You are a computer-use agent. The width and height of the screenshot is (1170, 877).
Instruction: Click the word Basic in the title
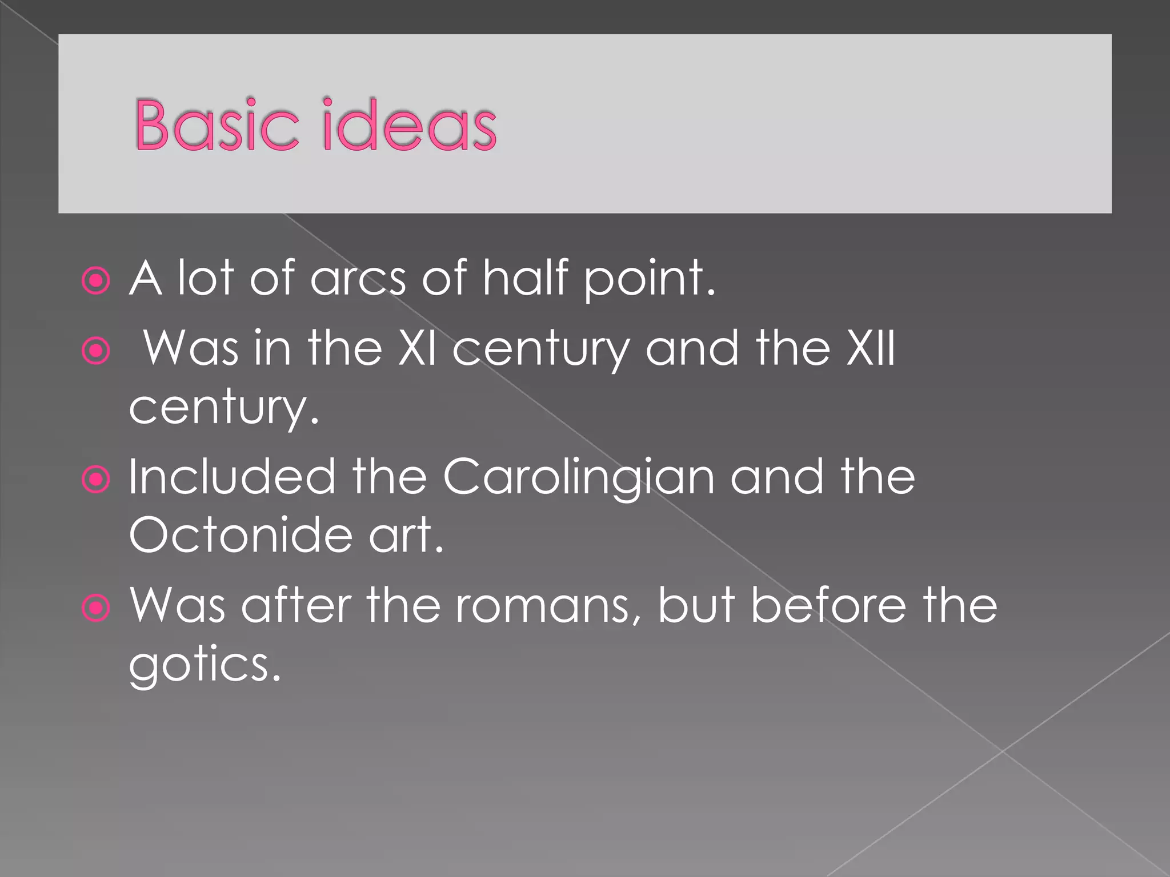(217, 125)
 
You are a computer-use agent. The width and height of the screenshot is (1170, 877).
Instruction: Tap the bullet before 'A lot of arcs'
(95, 280)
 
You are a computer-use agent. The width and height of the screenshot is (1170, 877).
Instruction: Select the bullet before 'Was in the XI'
(95, 351)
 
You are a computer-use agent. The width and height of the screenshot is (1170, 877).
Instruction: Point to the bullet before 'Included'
(95, 479)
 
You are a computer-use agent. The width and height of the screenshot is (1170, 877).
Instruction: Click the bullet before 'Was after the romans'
(95, 608)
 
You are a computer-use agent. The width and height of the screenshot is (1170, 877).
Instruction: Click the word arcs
(358, 278)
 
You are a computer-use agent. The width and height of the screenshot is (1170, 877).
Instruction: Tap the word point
(649, 280)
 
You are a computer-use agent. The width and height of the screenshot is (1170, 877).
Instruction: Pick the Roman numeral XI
(418, 348)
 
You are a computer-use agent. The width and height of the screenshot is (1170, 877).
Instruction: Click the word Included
(231, 477)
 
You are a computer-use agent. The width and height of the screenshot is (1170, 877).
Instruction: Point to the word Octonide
(241, 535)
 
